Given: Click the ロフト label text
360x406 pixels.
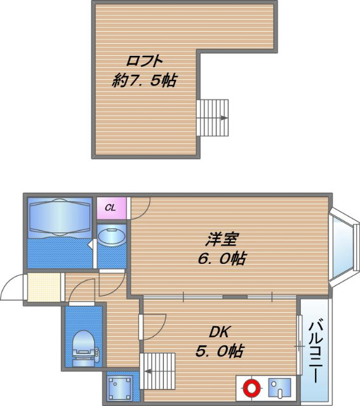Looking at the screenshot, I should pyautogui.click(x=145, y=62).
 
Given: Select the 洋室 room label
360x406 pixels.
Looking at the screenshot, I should pyautogui.click(x=222, y=240).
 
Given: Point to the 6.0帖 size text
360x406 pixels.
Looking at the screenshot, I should pyautogui.click(x=222, y=259).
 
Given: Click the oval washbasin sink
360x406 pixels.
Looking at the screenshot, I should pyautogui.click(x=113, y=238).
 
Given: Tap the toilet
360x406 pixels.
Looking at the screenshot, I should pyautogui.click(x=83, y=346).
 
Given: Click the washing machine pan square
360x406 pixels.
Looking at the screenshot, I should pyautogui.click(x=119, y=387).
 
